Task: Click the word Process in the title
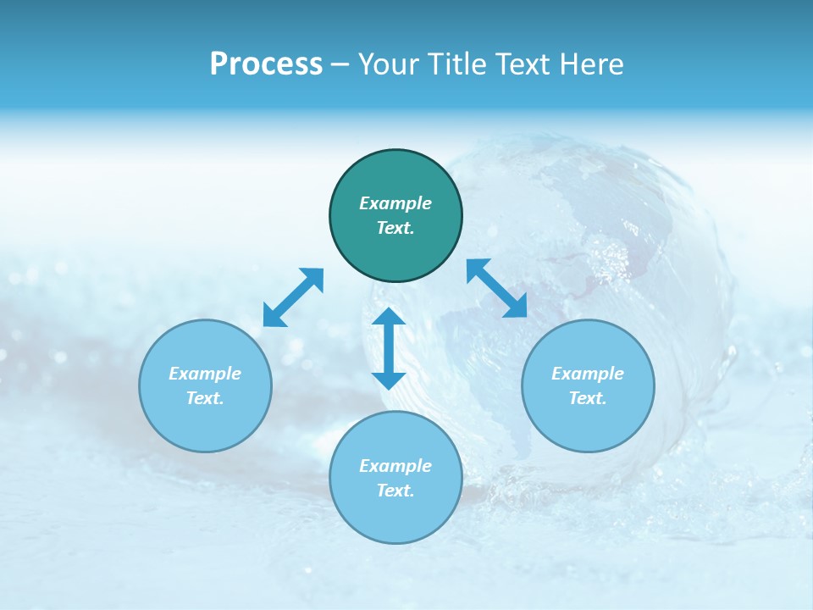tap(266, 64)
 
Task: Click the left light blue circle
tap(205, 385)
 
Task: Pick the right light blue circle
tap(588, 385)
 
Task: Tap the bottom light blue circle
tap(395, 477)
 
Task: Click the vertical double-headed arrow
tap(389, 348)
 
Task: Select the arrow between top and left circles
tap(293, 297)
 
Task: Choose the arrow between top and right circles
tap(496, 288)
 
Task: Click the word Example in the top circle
tap(395, 203)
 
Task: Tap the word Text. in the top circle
tap(395, 228)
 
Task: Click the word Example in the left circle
tap(205, 374)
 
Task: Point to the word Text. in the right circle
tap(588, 398)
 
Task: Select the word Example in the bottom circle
tap(395, 466)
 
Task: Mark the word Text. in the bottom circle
tap(395, 491)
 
